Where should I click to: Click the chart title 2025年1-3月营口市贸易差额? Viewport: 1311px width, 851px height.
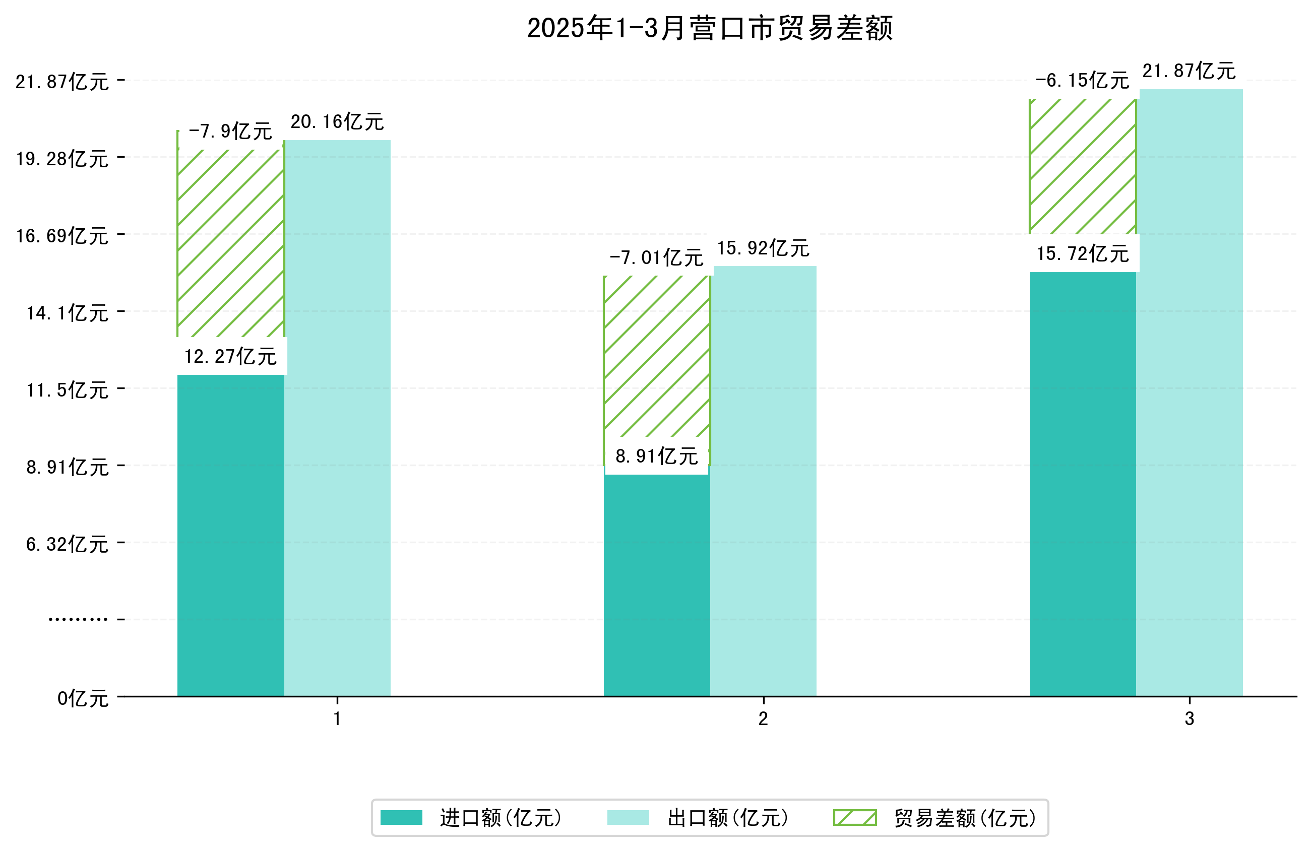[x=710, y=28]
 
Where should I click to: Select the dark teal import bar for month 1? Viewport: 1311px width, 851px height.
[x=230, y=534]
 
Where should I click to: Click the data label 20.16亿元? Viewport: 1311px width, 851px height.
[x=337, y=122]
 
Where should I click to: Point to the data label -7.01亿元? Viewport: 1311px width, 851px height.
[x=656, y=257]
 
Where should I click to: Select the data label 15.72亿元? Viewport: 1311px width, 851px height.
[x=1082, y=253]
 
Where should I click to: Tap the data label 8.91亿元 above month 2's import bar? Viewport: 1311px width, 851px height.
[x=656, y=456]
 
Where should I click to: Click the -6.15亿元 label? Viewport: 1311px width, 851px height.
[x=1082, y=81]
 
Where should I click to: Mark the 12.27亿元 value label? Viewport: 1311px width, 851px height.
[x=230, y=356]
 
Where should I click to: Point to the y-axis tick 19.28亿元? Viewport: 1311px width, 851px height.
[x=62, y=159]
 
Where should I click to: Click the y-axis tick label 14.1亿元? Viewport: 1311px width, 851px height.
[x=68, y=313]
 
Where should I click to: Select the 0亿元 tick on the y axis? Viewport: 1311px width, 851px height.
[x=83, y=698]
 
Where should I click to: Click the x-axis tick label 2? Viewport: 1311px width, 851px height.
[x=763, y=719]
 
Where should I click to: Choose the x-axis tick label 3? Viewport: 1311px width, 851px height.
[x=1189, y=719]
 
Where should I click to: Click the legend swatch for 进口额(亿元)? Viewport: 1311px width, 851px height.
[x=401, y=817]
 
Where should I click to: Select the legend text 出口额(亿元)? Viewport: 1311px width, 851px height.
[x=728, y=818]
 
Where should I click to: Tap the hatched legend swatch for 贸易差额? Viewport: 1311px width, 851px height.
[x=854, y=817]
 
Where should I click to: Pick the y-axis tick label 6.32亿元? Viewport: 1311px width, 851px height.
[x=67, y=544]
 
